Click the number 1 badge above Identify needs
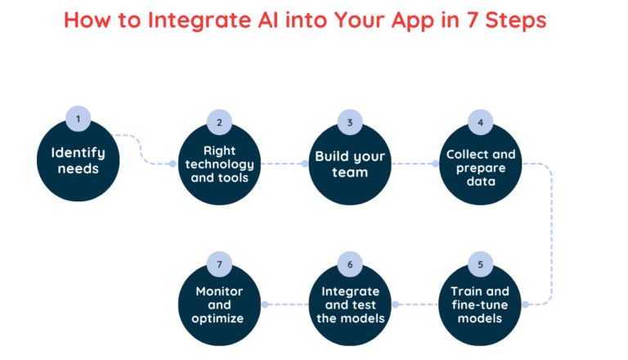click(x=78, y=119)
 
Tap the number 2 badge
click(x=219, y=123)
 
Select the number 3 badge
click(x=349, y=123)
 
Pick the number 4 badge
click(x=481, y=123)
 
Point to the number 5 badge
click(x=481, y=264)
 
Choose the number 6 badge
click(x=349, y=264)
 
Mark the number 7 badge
click(x=219, y=264)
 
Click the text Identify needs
click(x=78, y=160)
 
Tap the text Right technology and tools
click(x=219, y=164)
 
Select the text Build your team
click(x=349, y=164)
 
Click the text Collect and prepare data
click(x=481, y=168)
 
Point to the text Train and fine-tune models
click(x=481, y=304)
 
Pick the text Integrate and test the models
click(x=349, y=304)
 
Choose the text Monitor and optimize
click(x=219, y=304)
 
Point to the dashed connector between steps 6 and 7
click(x=284, y=304)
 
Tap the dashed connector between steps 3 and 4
click(x=414, y=164)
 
